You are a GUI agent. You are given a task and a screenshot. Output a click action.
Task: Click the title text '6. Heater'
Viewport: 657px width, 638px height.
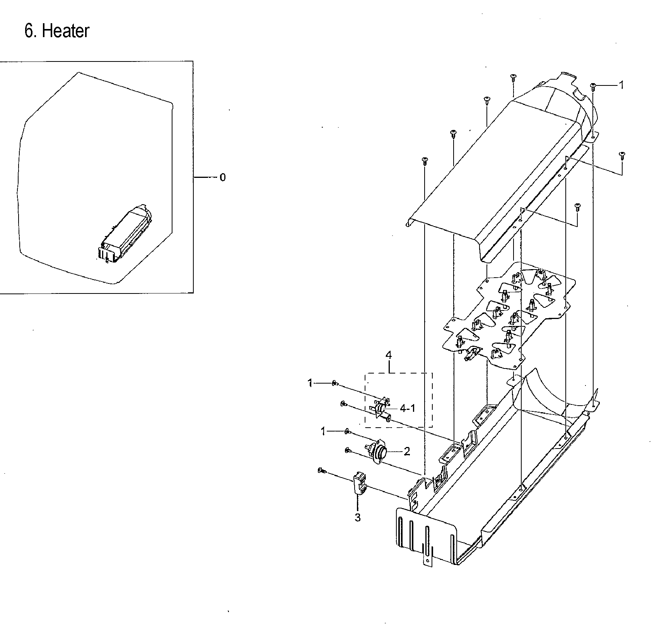click(x=57, y=31)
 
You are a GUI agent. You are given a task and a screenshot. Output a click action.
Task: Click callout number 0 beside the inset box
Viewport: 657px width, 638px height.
click(x=222, y=177)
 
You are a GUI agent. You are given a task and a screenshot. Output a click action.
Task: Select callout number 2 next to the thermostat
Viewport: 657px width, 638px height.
click(x=406, y=451)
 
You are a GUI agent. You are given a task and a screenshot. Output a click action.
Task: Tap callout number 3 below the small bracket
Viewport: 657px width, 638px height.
click(x=358, y=517)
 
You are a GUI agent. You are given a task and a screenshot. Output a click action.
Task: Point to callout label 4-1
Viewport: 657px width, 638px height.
click(x=408, y=408)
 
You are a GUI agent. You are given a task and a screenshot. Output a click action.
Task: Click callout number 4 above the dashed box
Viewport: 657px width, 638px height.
click(x=389, y=355)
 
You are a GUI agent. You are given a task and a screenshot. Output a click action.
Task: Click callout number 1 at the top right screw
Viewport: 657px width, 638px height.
click(x=621, y=85)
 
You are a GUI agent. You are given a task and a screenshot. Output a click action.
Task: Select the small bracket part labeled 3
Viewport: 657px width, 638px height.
click(x=359, y=484)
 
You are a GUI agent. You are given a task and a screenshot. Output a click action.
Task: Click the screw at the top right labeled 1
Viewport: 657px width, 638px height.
click(x=593, y=86)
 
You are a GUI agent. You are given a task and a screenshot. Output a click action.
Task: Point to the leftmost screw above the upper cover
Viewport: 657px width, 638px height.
click(x=425, y=160)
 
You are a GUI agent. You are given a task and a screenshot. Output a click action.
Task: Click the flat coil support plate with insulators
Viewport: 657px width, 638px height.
click(x=507, y=313)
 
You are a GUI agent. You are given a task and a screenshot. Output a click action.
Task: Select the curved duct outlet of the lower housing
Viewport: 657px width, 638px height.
click(x=549, y=394)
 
